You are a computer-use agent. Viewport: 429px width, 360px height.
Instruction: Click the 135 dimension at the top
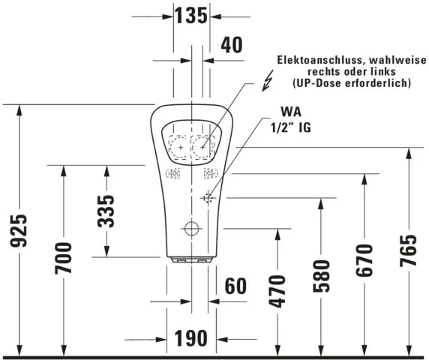click(x=190, y=16)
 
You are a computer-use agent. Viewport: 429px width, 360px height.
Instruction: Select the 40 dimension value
click(x=232, y=45)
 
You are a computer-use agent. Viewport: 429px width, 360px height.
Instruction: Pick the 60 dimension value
click(x=235, y=286)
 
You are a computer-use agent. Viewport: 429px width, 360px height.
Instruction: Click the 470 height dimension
click(x=277, y=292)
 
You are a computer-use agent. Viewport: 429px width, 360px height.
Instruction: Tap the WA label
click(x=281, y=111)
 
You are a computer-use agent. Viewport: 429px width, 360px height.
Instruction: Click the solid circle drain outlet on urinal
click(x=192, y=229)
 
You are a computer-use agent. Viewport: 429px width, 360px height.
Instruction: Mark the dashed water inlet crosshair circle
click(x=208, y=198)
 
